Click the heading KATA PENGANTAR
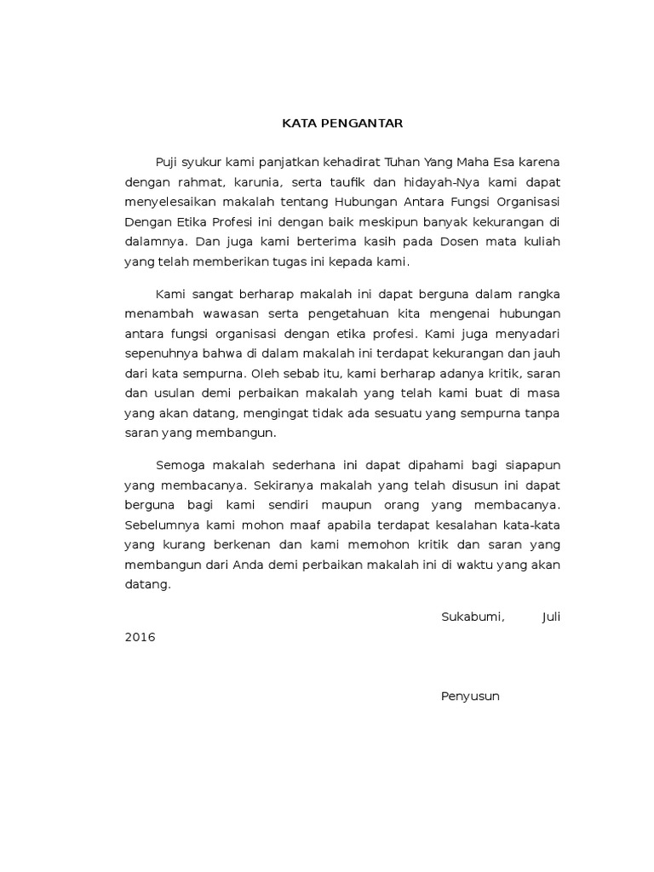point(342,123)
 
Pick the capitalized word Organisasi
point(531,202)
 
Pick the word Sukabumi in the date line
point(473,617)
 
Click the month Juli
point(550,617)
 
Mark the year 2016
point(140,637)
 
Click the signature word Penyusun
point(470,696)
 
